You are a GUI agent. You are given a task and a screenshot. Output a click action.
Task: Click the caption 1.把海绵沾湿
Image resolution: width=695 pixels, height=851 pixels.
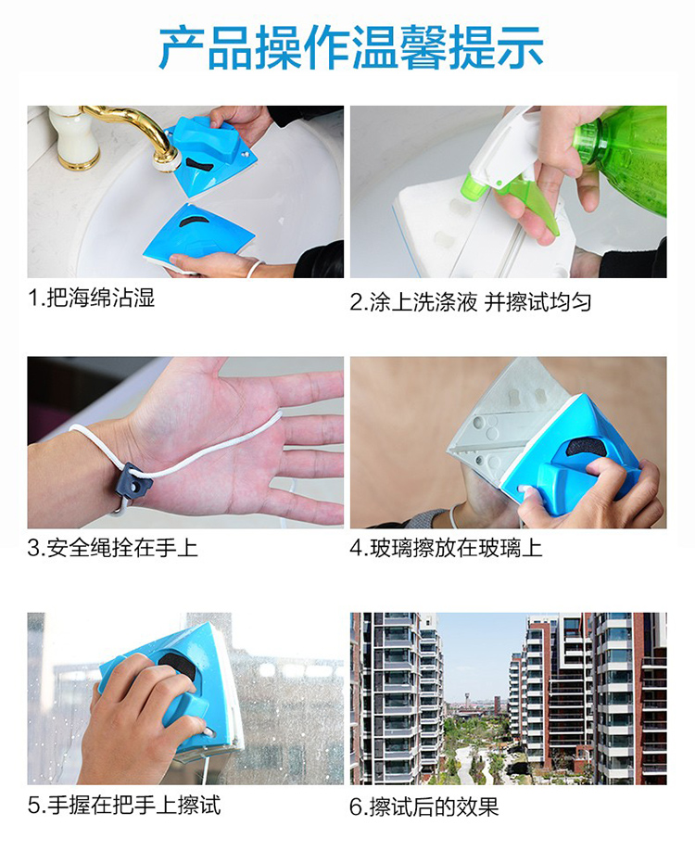point(91,298)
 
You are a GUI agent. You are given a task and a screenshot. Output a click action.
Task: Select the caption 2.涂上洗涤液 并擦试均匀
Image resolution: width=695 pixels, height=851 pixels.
point(470,302)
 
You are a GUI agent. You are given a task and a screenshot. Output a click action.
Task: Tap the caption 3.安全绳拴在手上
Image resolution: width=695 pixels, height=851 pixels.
point(112,547)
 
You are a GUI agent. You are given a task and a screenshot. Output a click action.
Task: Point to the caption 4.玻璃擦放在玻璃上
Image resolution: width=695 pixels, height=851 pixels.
point(446,547)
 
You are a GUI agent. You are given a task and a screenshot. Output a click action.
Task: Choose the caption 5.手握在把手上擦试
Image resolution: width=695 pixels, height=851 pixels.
point(124,805)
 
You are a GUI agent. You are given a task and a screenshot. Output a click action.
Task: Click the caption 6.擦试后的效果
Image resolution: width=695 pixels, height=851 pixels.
point(423,807)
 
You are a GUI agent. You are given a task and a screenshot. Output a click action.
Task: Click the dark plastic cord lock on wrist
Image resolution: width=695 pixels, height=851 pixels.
point(133,481)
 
